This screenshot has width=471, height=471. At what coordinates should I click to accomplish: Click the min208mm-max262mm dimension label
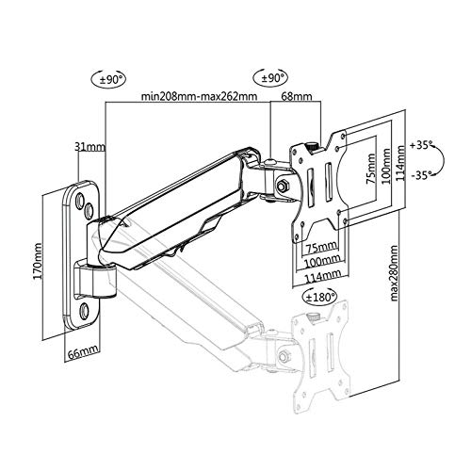(199, 96)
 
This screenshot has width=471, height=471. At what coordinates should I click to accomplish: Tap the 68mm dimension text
(297, 96)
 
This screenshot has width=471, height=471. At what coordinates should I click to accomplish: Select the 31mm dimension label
(89, 146)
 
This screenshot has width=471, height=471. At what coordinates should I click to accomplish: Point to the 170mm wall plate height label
(38, 261)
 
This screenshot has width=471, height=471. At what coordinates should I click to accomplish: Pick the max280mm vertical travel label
(394, 273)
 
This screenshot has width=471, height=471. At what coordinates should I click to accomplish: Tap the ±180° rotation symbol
(318, 296)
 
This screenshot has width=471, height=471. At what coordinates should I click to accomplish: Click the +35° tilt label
(421, 145)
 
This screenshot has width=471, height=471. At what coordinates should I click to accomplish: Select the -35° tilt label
(421, 175)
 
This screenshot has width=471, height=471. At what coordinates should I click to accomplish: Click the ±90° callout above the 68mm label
(270, 77)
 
